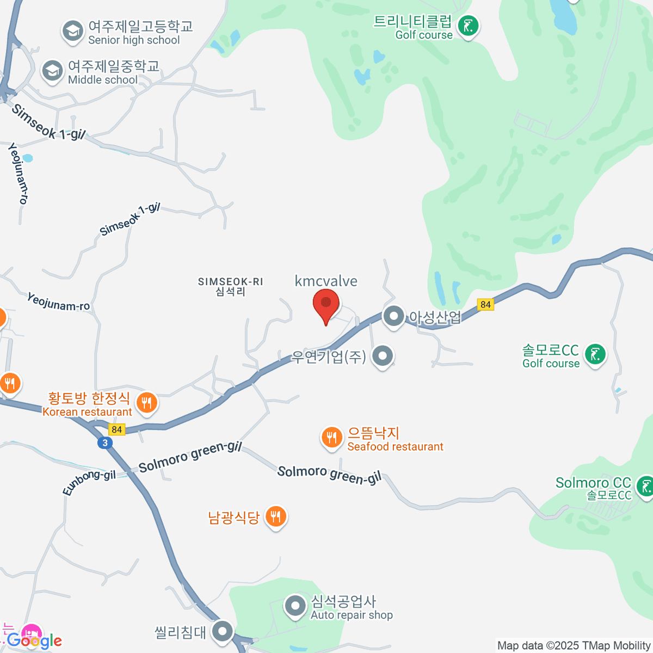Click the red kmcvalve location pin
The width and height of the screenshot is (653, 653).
tap(326, 305)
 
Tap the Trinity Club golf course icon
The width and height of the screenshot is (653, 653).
tap(467, 26)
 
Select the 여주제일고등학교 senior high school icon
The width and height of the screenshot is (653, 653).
tap(72, 31)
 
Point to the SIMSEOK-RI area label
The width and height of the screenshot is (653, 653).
tap(230, 286)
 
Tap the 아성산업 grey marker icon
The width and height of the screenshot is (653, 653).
tap(393, 316)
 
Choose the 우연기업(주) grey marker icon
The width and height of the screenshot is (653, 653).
tap(383, 356)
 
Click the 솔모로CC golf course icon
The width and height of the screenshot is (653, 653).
tap(595, 355)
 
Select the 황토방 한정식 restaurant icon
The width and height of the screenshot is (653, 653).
tap(146, 403)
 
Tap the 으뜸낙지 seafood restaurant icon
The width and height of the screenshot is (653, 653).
tap(331, 437)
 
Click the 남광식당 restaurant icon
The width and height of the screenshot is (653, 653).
tap(276, 516)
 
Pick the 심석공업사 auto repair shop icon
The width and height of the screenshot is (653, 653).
tap(295, 606)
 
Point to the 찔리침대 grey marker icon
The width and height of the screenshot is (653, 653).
tap(223, 632)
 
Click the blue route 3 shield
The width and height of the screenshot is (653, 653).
tap(105, 443)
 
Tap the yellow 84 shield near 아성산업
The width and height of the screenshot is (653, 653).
tap(486, 305)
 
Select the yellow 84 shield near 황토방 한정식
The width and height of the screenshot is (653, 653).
tap(116, 430)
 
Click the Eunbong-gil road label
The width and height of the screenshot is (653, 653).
tap(89, 482)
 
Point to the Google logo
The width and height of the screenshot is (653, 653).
tap(34, 640)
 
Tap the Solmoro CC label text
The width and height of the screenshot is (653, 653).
tap(593, 483)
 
